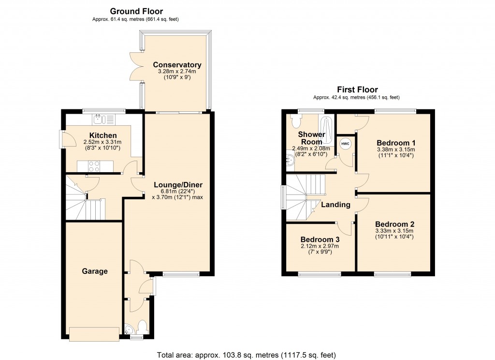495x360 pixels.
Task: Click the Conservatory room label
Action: [x=177, y=65]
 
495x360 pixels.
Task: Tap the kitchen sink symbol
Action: [x=99, y=118]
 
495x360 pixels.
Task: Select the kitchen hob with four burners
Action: [x=94, y=166]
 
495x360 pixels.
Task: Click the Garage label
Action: [x=94, y=271]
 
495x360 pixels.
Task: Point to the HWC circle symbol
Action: [x=345, y=144]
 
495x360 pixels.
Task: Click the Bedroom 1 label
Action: [x=396, y=143]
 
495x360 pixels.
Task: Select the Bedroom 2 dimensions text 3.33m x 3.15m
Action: [x=394, y=231]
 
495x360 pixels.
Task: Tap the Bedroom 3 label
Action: [x=320, y=240]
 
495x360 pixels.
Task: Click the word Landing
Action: [x=335, y=205]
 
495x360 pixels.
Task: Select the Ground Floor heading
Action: [x=136, y=11]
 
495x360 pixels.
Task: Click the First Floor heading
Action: [x=357, y=90]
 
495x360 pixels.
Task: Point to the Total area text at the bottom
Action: [x=247, y=355]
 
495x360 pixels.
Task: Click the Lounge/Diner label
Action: [x=178, y=185]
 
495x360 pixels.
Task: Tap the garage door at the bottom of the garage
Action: [x=94, y=333]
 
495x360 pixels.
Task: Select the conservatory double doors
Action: [x=139, y=66]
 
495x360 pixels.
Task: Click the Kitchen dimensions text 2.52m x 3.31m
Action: [x=102, y=142]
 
